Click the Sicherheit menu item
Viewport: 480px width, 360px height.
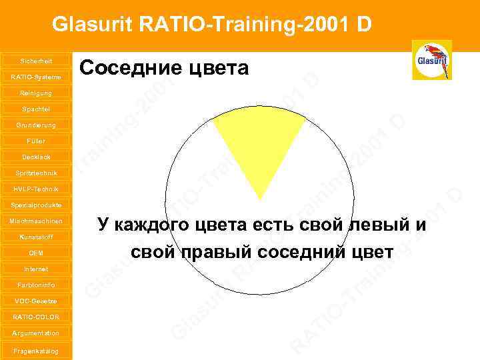(x=36, y=61)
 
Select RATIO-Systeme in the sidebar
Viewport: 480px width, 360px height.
(x=36, y=77)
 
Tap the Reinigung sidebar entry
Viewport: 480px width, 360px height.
(x=36, y=93)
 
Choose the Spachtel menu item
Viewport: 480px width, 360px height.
(x=36, y=109)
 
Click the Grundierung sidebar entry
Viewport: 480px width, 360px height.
(x=36, y=125)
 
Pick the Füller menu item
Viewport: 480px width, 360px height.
(x=36, y=141)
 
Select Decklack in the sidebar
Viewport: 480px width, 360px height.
(x=36, y=157)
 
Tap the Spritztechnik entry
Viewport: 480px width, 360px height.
(x=36, y=173)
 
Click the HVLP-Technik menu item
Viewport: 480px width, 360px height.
(x=36, y=189)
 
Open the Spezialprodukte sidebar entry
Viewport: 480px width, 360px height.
(x=36, y=205)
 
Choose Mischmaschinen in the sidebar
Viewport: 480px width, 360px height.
(x=36, y=221)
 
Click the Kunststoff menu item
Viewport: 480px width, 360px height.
(x=36, y=237)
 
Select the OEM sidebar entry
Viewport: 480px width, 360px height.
(x=36, y=253)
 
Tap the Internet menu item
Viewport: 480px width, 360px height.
(x=36, y=269)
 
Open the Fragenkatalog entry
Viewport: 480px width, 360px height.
(x=36, y=351)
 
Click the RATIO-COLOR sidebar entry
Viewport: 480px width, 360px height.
(x=36, y=317)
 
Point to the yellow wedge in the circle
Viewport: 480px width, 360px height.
(x=259, y=147)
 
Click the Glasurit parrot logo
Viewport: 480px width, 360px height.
(x=432, y=60)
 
